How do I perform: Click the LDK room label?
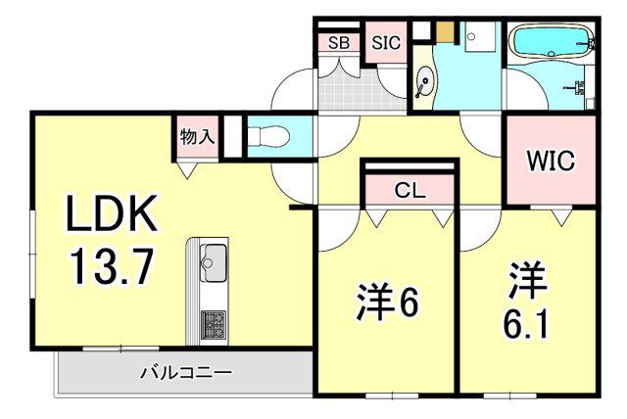[x=111, y=213]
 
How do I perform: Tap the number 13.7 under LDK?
[x=112, y=266]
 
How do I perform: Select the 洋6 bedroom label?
[x=387, y=302]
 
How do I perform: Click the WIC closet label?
[x=551, y=161]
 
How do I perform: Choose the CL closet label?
[x=410, y=191]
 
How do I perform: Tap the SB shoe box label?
[x=339, y=43]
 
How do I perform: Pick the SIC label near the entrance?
[x=386, y=43]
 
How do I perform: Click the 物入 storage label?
[x=197, y=137]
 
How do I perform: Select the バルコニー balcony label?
[x=186, y=373]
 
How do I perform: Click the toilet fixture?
[x=268, y=136]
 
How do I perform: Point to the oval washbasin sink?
[x=424, y=82]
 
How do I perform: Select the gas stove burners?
[x=213, y=325]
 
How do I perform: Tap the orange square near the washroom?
[x=445, y=31]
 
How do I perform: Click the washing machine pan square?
[x=480, y=36]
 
